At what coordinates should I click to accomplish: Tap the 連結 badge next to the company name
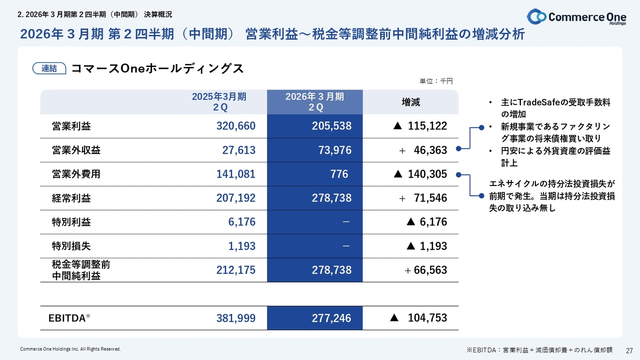click(49, 68)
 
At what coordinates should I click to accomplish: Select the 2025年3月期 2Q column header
click(219, 102)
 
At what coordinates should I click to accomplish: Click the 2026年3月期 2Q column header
click(315, 102)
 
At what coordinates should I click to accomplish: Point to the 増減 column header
click(411, 102)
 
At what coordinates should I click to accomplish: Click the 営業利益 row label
click(71, 126)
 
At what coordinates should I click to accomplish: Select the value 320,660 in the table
click(235, 126)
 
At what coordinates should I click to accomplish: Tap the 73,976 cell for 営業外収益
click(334, 150)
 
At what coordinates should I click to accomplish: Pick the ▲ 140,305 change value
click(420, 174)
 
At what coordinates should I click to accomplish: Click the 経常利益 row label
click(71, 198)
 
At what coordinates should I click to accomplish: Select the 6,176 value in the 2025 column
click(242, 222)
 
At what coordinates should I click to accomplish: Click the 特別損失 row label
click(71, 246)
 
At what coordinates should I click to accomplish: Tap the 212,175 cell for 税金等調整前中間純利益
click(235, 270)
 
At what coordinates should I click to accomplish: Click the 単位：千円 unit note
click(436, 81)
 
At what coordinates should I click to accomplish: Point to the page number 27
click(629, 349)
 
